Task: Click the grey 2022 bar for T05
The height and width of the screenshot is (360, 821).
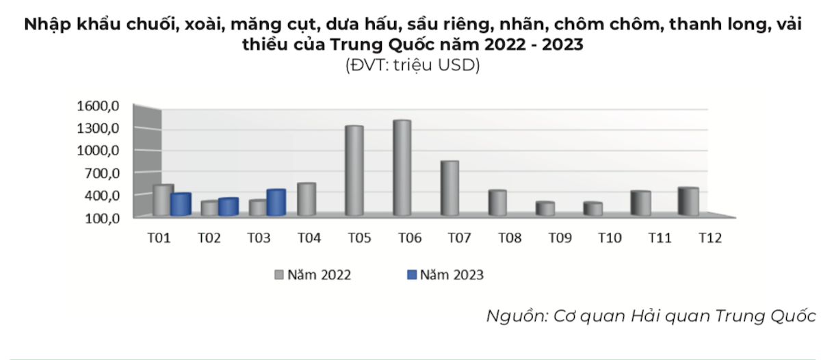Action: click(x=354, y=171)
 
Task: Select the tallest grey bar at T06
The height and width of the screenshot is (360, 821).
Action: click(x=401, y=168)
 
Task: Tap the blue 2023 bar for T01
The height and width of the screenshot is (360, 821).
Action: click(x=180, y=205)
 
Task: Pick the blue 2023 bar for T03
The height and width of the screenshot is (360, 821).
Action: click(x=276, y=203)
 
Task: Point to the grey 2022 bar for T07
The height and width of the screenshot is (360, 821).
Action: click(x=449, y=188)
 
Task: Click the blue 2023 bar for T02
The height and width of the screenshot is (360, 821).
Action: click(x=228, y=207)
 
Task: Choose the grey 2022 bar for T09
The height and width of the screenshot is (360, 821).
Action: click(x=545, y=209)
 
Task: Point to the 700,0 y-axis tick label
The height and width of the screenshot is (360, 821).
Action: click(x=102, y=173)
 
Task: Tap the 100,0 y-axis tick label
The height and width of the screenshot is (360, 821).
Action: click(x=102, y=218)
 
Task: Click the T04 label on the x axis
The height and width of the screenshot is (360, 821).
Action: click(x=309, y=238)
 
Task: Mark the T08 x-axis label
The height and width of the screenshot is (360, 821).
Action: click(x=509, y=238)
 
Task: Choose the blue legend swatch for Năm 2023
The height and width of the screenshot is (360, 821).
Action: click(x=411, y=275)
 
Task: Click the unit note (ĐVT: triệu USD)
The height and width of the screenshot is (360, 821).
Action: click(x=412, y=66)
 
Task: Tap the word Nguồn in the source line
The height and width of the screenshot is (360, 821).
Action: click(x=511, y=317)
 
